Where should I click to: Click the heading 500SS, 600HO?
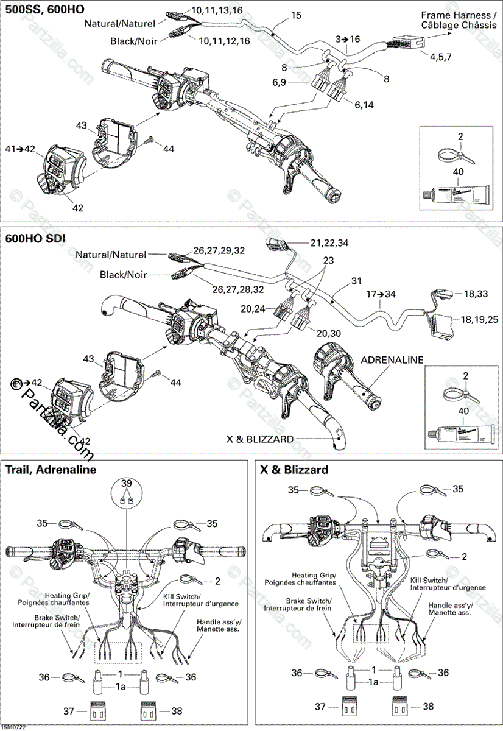(x=45, y=10)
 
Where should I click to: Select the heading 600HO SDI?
(x=36, y=238)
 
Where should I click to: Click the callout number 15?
(x=296, y=15)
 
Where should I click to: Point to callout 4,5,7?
(x=440, y=57)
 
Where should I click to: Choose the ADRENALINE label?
(x=392, y=360)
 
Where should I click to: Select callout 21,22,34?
(x=329, y=243)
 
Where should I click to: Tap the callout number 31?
(x=356, y=281)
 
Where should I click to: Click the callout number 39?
(x=126, y=483)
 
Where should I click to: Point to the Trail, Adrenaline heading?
(x=51, y=470)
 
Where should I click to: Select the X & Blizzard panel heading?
(x=294, y=470)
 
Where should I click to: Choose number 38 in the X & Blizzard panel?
(x=428, y=706)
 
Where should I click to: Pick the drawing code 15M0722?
(x=15, y=726)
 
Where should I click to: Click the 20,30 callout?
(x=328, y=332)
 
